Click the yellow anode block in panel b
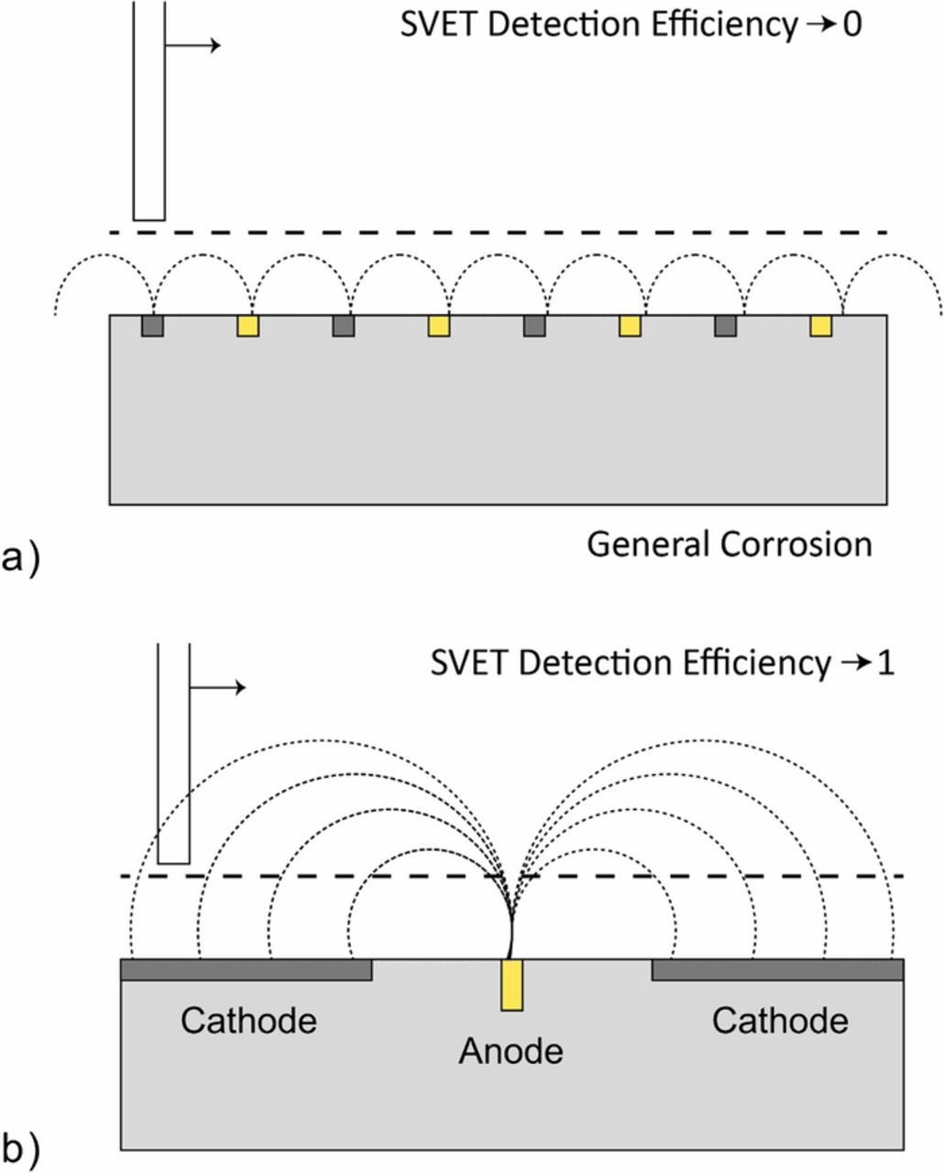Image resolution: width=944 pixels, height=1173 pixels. (512, 985)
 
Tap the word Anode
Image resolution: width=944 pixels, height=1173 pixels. (510, 1050)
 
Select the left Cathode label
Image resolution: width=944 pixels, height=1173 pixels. (248, 1020)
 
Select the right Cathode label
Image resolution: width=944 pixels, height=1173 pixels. (780, 1020)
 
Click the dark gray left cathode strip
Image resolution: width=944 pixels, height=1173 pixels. (247, 970)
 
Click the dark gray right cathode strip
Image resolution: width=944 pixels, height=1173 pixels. (777, 970)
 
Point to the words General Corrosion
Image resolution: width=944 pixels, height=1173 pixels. (729, 544)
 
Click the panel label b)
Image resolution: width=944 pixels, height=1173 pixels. (21, 1147)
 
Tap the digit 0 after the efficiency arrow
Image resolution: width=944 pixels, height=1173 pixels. (851, 26)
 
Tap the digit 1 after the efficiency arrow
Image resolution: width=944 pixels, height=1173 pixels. (884, 663)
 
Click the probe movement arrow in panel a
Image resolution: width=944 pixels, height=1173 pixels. (193, 45)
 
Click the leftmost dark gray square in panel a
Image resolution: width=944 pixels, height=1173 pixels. (152, 325)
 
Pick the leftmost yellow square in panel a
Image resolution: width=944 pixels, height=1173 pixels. (247, 325)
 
